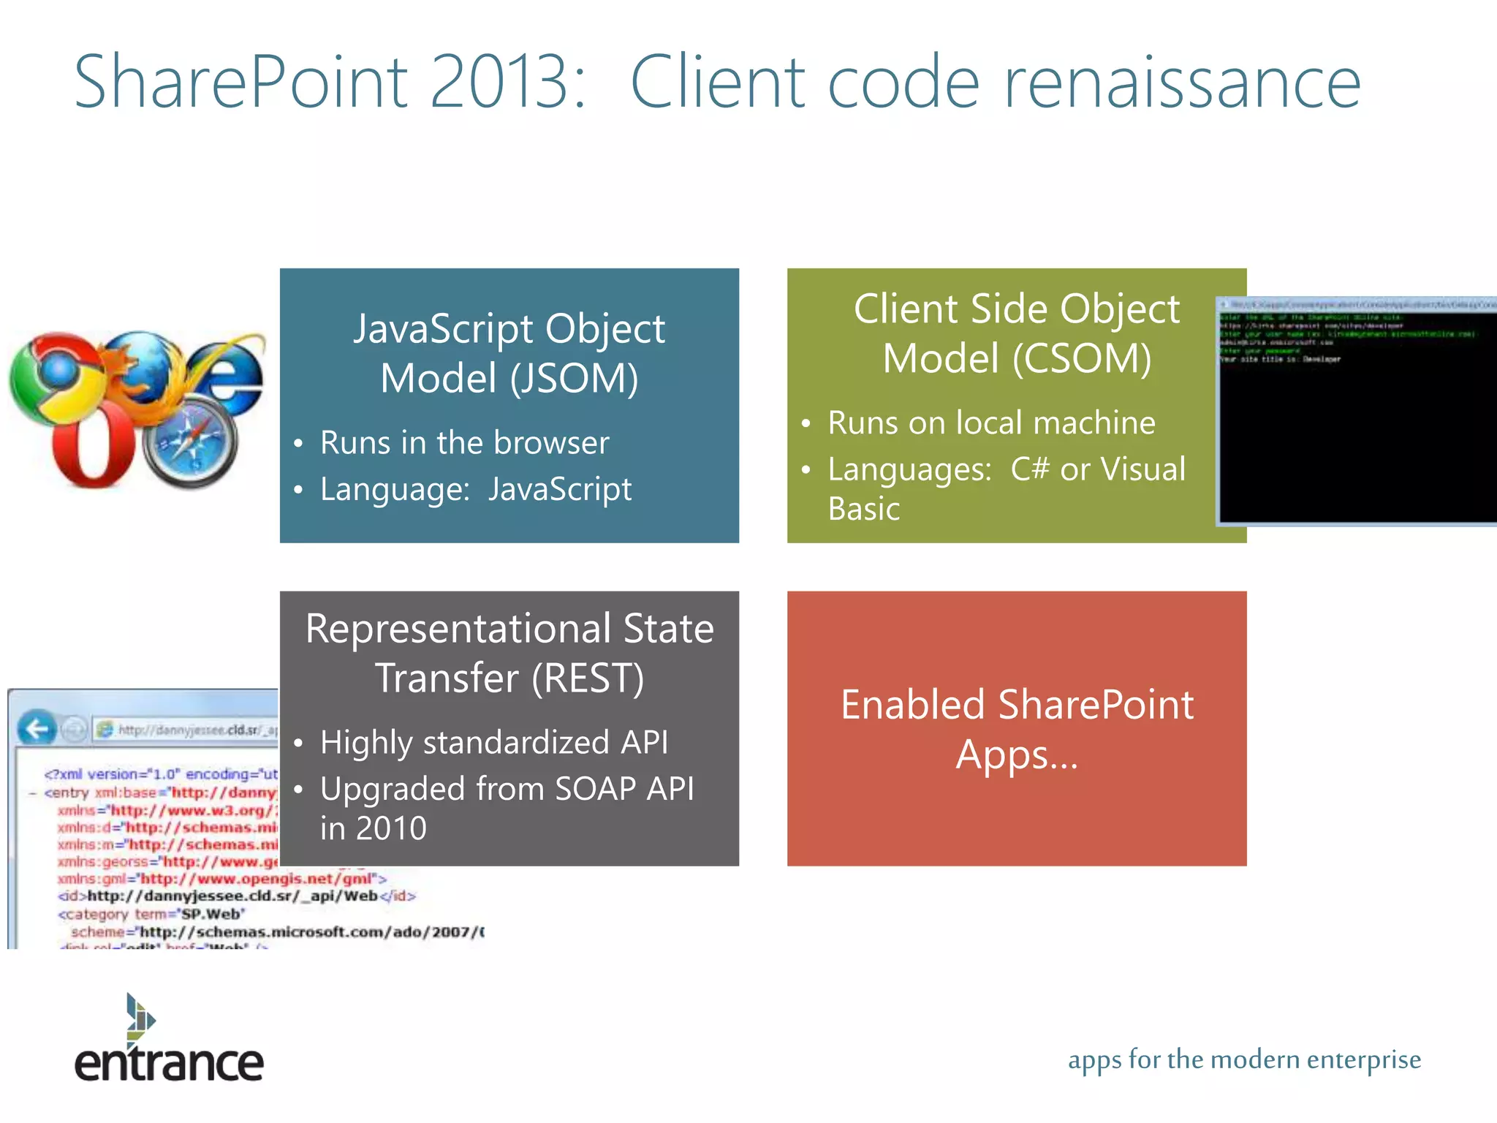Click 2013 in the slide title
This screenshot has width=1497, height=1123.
tap(499, 83)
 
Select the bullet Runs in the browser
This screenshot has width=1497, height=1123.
tap(464, 443)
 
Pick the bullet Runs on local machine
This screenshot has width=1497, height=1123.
tap(990, 423)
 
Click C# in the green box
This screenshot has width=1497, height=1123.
tap(1029, 469)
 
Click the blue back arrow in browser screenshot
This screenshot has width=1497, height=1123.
tap(36, 729)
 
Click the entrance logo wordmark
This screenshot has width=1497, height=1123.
tap(169, 1063)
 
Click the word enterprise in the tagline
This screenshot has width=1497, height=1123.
tap(1363, 1059)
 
